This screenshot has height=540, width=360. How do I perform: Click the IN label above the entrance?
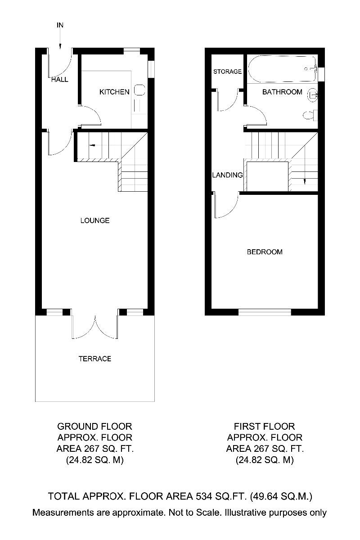(x=60, y=25)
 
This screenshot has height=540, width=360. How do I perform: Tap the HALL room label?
(x=60, y=80)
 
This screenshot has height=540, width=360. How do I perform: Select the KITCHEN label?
(x=114, y=92)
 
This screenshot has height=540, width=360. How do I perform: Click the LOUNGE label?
(x=95, y=220)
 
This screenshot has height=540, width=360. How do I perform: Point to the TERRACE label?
(x=95, y=359)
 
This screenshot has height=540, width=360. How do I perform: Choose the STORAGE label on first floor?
(x=227, y=72)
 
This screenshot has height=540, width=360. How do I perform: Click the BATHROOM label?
(x=282, y=92)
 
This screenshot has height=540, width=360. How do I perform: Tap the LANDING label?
(x=227, y=175)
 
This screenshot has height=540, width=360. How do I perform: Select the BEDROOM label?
(x=265, y=252)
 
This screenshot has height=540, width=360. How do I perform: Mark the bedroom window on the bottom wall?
(x=265, y=312)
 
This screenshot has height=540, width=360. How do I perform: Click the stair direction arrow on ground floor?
(x=92, y=145)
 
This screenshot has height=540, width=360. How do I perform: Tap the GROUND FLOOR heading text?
(x=94, y=426)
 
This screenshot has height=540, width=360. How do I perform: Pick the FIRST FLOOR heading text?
(x=264, y=426)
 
